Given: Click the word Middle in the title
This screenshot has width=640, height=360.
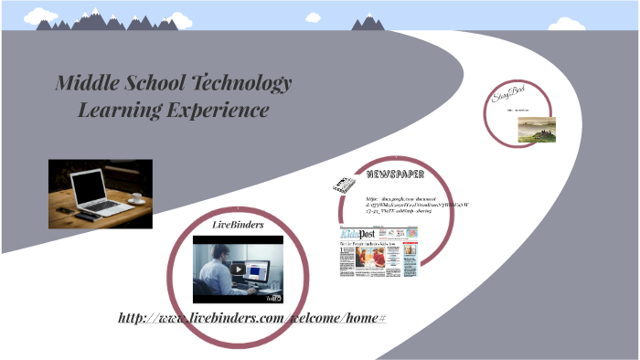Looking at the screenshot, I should click(x=78, y=83).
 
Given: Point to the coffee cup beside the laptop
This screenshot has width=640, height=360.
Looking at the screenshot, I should click(x=136, y=197).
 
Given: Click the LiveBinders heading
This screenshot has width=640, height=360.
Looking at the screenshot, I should click(x=238, y=224).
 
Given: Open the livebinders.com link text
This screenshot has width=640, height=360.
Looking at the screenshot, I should click(x=252, y=317).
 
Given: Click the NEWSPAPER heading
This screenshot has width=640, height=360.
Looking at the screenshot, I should click(x=395, y=174).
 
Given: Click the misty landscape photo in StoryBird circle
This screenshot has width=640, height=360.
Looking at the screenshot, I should click(x=537, y=133).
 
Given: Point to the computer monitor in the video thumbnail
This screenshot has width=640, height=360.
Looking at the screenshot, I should click(x=258, y=269).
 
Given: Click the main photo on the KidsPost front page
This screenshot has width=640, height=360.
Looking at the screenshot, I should click(x=373, y=259).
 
